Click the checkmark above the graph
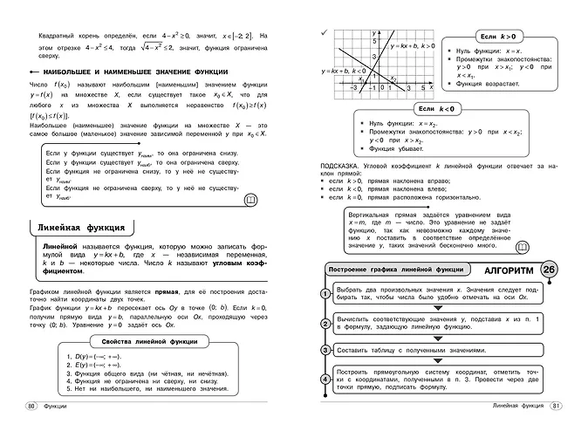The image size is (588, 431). (x=325, y=32)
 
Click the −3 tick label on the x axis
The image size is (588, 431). (x=354, y=87)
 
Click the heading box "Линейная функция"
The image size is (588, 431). (x=81, y=229)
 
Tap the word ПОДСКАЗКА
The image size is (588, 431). (x=341, y=163)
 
